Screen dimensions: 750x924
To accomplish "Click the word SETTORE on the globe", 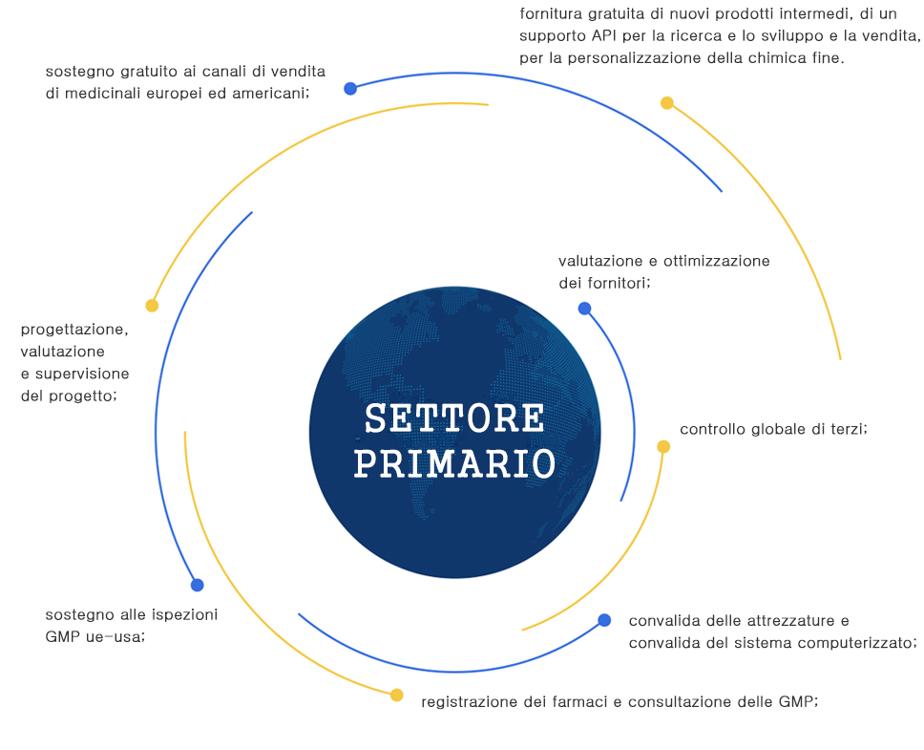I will point(454,418).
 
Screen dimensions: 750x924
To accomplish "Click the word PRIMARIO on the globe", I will point(454,463).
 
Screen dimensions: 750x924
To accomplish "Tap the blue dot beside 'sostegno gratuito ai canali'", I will point(350,89).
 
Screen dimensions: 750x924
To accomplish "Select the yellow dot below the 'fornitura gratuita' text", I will point(667,103).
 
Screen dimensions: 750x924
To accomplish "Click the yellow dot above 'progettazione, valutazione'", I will point(152,306).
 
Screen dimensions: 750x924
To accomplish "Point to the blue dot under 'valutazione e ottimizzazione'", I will point(584,309).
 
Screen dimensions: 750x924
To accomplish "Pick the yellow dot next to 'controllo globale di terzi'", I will point(663,446).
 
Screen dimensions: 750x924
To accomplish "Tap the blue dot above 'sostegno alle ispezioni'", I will point(197,585).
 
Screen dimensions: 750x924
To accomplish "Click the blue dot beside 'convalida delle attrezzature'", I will point(604,620).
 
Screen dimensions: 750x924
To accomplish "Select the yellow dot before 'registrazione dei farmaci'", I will point(397,695).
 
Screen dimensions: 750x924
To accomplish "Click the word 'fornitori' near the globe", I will point(619,283).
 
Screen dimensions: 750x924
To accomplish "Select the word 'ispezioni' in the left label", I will point(185,614).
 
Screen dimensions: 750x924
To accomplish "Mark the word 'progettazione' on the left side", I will point(74,329).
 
